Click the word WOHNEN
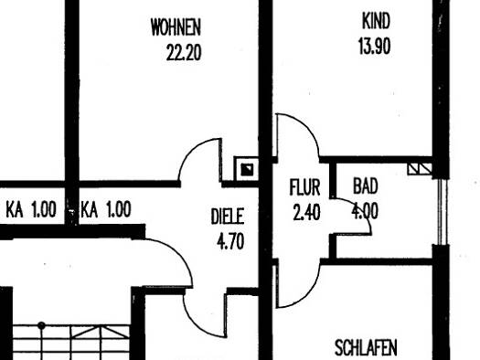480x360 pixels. click(176, 28)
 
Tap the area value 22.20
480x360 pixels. click(184, 51)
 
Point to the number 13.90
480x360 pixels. click(374, 45)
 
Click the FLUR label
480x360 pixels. click(304, 190)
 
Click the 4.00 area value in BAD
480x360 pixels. click(366, 211)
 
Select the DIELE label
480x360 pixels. click(228, 217)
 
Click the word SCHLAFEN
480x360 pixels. click(366, 348)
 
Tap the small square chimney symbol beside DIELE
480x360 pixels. click(247, 168)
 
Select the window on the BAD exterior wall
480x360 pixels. click(443, 211)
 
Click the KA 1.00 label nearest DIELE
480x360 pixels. click(105, 210)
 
